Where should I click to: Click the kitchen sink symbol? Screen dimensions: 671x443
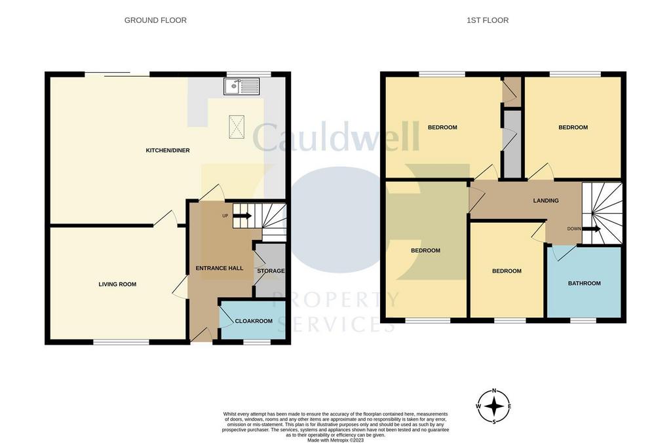(x=242, y=86)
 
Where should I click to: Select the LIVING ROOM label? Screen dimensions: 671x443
(x=117, y=284)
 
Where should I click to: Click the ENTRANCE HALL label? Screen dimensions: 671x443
(x=219, y=269)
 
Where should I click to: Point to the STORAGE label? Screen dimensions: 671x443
(x=271, y=271)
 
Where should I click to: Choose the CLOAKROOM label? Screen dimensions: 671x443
(x=254, y=321)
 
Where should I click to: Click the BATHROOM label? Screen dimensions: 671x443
(x=584, y=283)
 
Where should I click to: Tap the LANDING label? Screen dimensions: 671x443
(x=546, y=201)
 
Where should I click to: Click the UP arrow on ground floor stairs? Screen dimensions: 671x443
(x=242, y=216)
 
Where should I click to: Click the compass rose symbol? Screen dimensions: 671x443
(x=494, y=406)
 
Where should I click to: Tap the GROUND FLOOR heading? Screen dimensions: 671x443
(x=155, y=20)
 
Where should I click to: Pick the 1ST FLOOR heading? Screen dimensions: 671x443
(x=488, y=20)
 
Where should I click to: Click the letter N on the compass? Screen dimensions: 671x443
(x=494, y=391)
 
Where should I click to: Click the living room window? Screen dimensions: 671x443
(x=121, y=342)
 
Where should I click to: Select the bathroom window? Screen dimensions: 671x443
(x=583, y=320)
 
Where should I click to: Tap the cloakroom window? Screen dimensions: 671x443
(x=257, y=342)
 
